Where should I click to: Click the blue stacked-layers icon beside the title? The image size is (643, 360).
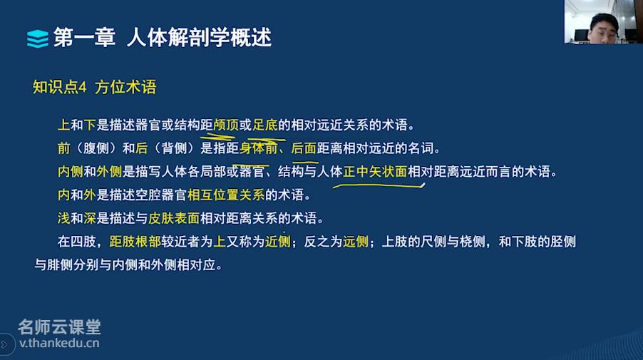click(38, 38)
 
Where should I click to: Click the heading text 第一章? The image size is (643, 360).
click(85, 38)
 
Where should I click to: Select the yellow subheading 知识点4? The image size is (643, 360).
click(60, 87)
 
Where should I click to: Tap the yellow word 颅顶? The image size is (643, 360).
click(226, 125)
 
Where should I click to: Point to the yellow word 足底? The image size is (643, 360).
click(265, 125)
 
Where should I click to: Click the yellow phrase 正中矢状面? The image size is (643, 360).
click(375, 171)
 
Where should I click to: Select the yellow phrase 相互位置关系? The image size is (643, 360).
click(226, 195)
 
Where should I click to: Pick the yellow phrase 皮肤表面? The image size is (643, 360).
click(174, 218)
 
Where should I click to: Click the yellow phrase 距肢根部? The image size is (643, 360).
click(135, 242)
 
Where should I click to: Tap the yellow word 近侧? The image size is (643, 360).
click(277, 242)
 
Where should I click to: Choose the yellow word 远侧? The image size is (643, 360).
click(356, 242)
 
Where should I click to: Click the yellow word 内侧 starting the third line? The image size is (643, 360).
click(70, 171)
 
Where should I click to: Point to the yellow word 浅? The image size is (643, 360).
click(63, 218)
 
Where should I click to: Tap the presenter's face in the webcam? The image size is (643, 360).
click(603, 29)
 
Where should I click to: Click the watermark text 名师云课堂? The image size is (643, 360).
click(60, 327)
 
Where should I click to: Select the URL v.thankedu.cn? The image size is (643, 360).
click(59, 343)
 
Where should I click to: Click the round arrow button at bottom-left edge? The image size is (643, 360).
click(5, 344)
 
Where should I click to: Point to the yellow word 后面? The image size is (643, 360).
click(304, 148)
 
